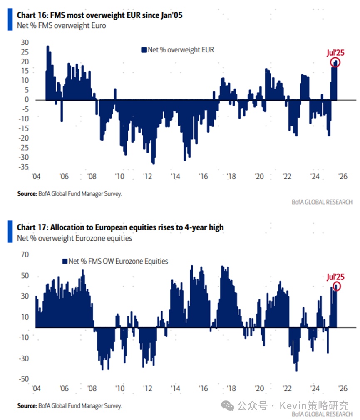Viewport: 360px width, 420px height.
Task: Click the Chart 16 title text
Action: click(99, 15)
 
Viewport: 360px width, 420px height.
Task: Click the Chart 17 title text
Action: click(120, 227)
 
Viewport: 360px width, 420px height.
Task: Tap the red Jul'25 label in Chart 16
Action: click(335, 53)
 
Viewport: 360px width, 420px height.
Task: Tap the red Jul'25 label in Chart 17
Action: click(335, 277)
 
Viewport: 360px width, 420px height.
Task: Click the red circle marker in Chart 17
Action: click(336, 286)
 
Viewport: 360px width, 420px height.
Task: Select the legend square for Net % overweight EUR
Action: click(144, 50)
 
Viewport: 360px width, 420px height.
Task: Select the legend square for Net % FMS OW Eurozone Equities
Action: click(65, 261)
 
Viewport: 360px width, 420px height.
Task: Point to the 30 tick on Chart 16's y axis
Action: click(25, 42)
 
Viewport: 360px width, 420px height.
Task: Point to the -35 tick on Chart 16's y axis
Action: click(24, 167)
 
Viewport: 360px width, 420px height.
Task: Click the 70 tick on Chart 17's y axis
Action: click(25, 255)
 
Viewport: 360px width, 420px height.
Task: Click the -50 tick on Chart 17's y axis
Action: click(23, 378)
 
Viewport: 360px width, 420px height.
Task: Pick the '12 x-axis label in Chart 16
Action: click(148, 176)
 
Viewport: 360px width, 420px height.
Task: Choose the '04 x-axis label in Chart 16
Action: click(36, 176)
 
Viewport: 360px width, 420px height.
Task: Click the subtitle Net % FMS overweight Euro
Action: click(61, 25)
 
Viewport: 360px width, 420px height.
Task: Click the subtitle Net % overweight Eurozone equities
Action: click(74, 238)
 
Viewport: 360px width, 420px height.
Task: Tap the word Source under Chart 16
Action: click(26, 193)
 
